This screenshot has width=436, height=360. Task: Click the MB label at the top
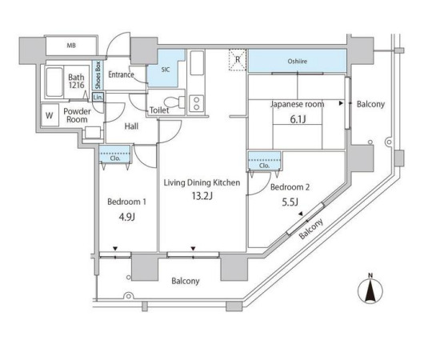click(x=71, y=46)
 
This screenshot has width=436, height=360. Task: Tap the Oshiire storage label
click(x=298, y=61)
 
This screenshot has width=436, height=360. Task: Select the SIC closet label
click(x=166, y=70)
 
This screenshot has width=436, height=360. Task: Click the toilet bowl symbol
click(x=174, y=102)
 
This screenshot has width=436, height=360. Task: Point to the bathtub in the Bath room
click(x=54, y=82)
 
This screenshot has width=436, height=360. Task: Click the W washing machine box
click(x=50, y=115)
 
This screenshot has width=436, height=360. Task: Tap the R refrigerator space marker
click(x=238, y=59)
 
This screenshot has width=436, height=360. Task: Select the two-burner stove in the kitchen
click(x=196, y=103)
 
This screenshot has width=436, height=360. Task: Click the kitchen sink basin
click(x=197, y=63)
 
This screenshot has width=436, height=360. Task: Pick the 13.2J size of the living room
click(x=202, y=196)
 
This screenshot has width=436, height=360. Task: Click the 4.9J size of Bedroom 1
click(x=126, y=217)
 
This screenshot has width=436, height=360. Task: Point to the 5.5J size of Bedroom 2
click(x=290, y=202)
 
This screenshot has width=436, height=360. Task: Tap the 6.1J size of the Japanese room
click(x=298, y=119)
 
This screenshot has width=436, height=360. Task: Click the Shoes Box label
click(x=98, y=75)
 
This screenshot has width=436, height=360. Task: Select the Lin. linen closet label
click(x=98, y=98)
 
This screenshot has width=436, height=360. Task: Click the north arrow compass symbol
click(x=370, y=290)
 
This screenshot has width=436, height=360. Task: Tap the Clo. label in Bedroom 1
click(x=115, y=158)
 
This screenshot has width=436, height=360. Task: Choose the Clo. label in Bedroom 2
click(x=264, y=166)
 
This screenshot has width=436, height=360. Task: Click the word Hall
click(x=131, y=126)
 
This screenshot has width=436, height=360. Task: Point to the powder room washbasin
click(x=93, y=132)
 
